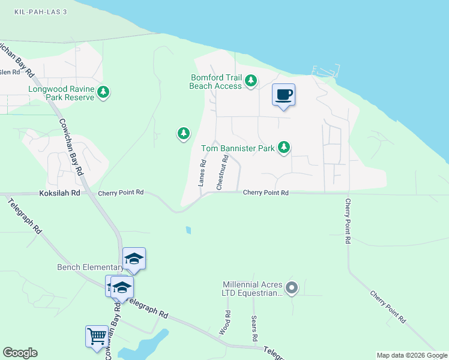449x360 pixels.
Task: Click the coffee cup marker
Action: pyautogui.click(x=283, y=94)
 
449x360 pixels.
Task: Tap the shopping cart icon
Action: pyautogui.click(x=97, y=336)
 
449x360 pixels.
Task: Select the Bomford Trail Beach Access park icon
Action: pyautogui.click(x=251, y=81)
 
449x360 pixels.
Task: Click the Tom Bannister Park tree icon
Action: pyautogui.click(x=284, y=147)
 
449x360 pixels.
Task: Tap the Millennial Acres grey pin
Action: pyautogui.click(x=292, y=289)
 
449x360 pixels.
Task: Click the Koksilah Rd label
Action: pyautogui.click(x=59, y=193)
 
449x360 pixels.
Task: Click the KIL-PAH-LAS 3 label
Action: pyautogui.click(x=41, y=12)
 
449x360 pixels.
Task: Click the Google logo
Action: pyautogui.click(x=20, y=353)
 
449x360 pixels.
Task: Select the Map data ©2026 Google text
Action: pyautogui.click(x=412, y=355)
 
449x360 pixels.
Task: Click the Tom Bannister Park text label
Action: pyautogui.click(x=238, y=148)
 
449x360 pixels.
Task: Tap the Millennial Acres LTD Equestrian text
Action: pyautogui.click(x=252, y=289)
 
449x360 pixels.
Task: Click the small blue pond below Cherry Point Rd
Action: pyautogui.click(x=188, y=230)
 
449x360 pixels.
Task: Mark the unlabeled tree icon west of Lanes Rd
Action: pyautogui.click(x=184, y=133)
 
